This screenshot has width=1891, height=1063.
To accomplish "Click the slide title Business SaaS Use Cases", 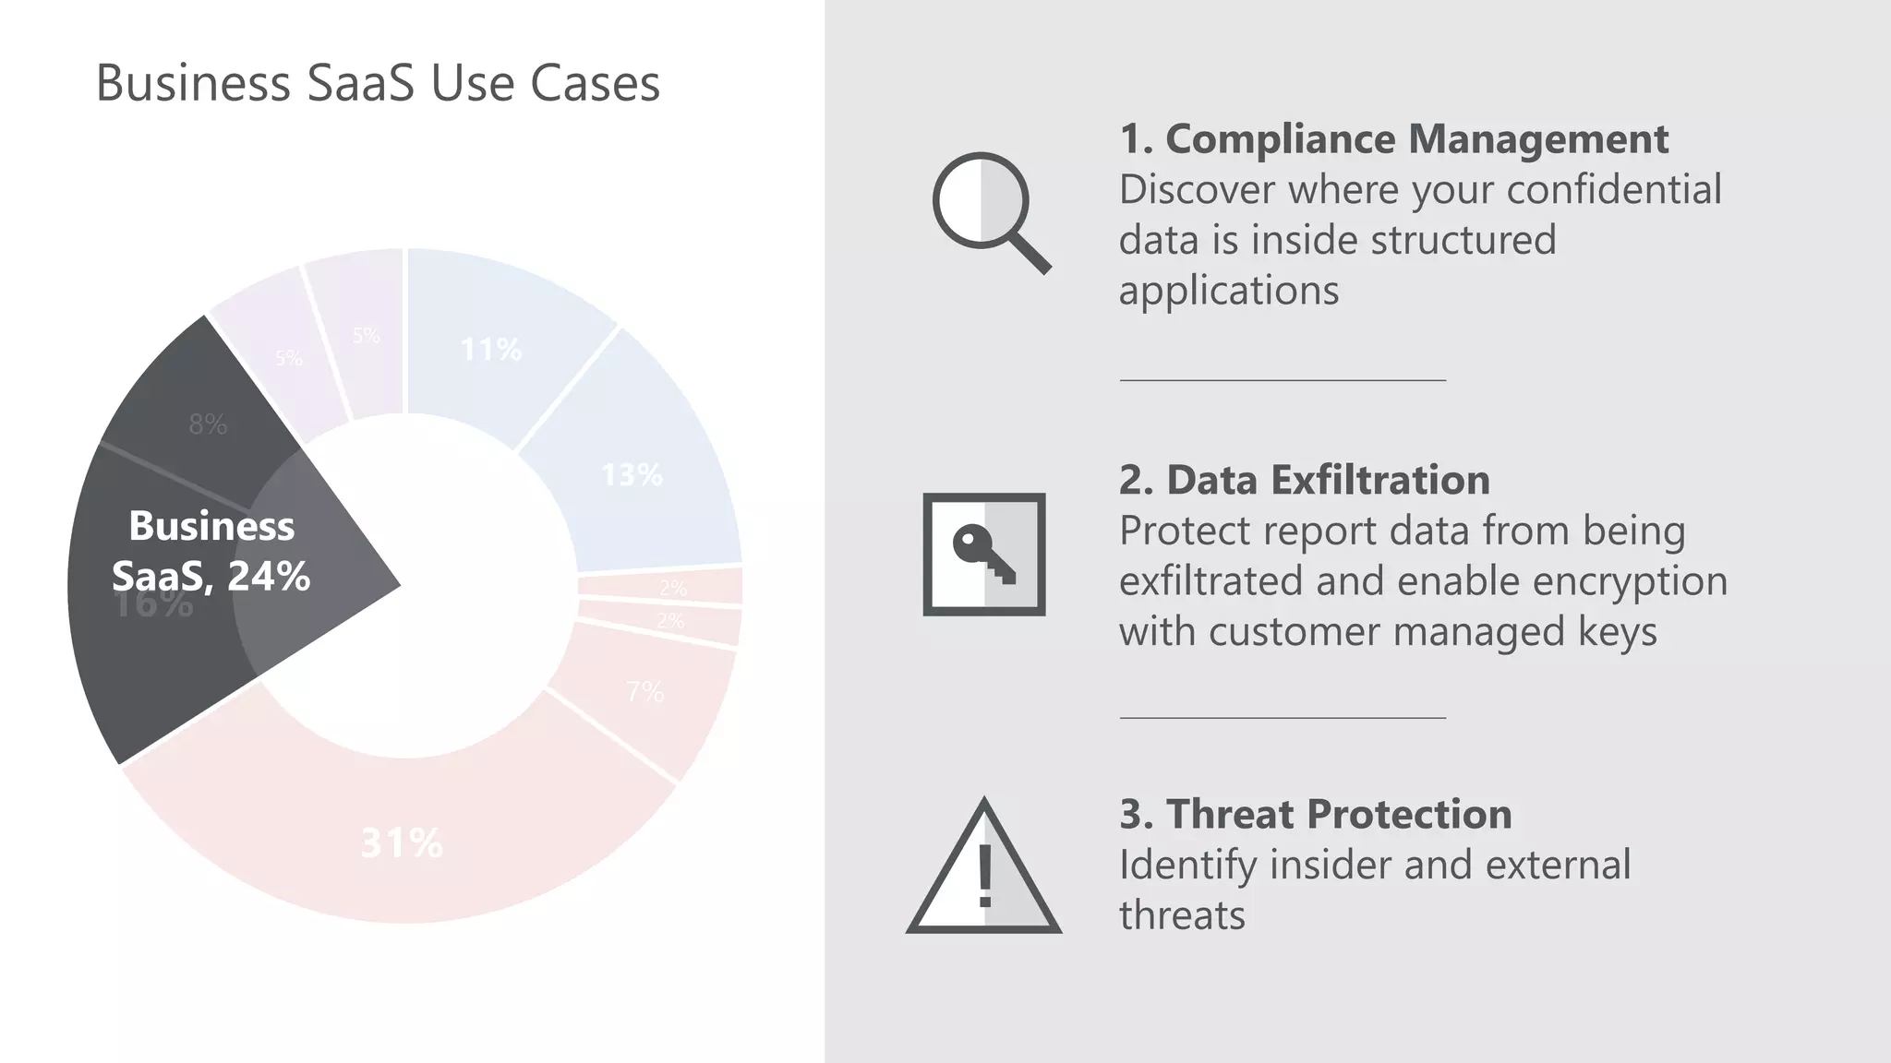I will (x=378, y=83).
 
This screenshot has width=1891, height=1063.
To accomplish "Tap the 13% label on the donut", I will (x=632, y=475).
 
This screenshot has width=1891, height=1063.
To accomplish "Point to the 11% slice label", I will (x=490, y=350).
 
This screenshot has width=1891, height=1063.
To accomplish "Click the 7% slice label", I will (x=644, y=691).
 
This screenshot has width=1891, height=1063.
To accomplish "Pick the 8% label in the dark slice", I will (x=208, y=424).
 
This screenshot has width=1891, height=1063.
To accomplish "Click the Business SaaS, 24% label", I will (x=211, y=551).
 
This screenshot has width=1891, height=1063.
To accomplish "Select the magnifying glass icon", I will (x=989, y=210).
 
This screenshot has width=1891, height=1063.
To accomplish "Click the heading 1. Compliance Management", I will (x=1393, y=139).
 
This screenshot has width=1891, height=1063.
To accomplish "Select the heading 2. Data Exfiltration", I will (x=1304, y=481).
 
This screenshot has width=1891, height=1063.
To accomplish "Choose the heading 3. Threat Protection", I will (x=1315, y=815).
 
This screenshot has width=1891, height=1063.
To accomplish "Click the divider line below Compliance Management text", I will (x=1283, y=379).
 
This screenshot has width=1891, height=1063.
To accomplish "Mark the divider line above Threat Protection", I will (x=1283, y=717).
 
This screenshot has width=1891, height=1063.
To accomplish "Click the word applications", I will (x=1228, y=292).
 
